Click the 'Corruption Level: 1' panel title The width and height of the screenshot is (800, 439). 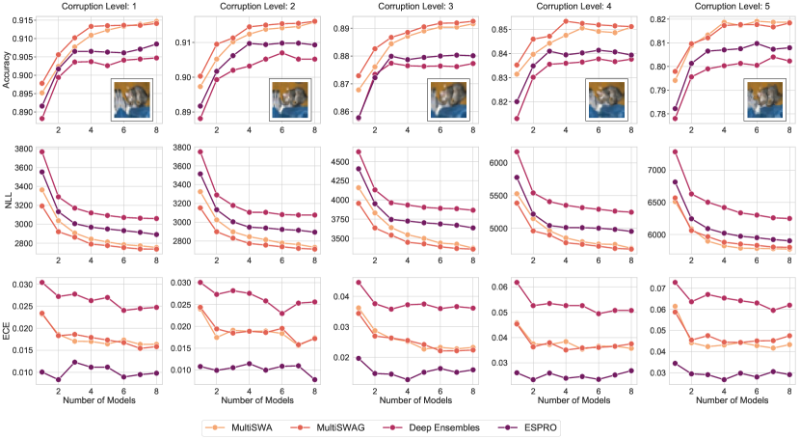tap(97, 7)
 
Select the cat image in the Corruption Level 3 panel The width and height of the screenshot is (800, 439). tap(444, 98)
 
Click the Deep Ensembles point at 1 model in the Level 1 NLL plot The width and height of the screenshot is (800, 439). tap(41, 151)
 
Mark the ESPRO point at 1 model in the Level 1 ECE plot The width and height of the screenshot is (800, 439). tap(41, 371)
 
